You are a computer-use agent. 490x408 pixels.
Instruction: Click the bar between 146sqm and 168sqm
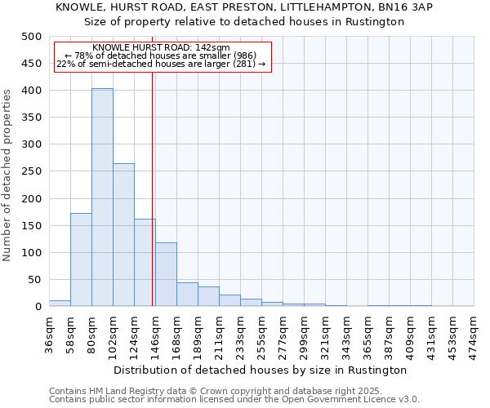(166, 274)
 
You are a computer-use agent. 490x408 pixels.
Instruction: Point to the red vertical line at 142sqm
(153, 188)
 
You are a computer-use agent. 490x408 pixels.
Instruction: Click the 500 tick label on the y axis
(31, 37)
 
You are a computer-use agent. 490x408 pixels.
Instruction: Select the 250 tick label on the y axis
(31, 171)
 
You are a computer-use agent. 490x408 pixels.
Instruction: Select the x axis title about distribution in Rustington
(261, 370)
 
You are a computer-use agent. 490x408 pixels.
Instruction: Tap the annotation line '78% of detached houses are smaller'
(161, 55)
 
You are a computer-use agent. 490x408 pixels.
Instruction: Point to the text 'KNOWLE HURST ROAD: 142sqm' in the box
(161, 48)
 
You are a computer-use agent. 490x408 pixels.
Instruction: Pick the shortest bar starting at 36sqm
(60, 304)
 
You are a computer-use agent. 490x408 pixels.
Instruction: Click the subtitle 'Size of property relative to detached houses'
(244, 22)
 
